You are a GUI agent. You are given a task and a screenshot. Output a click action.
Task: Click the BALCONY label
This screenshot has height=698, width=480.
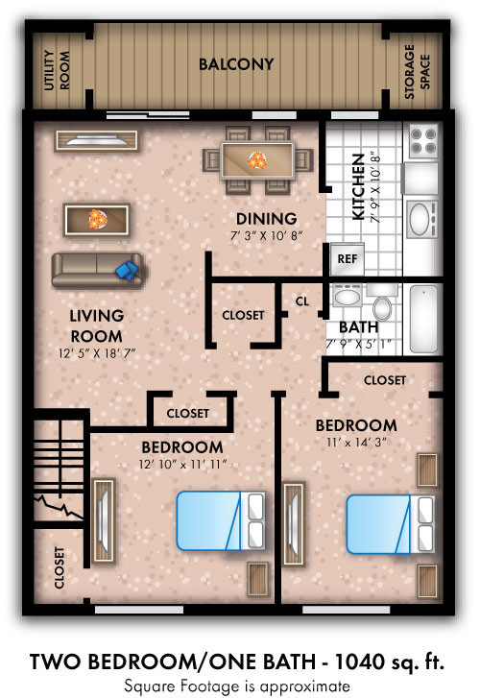[236, 64]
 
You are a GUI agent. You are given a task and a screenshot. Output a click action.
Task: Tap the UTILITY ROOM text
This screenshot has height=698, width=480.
[57, 70]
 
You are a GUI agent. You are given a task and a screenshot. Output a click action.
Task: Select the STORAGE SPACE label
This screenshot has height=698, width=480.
[418, 71]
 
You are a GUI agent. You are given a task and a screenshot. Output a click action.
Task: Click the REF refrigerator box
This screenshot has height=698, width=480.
[348, 258]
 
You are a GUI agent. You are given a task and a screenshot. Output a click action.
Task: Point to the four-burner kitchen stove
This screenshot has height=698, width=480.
[423, 140]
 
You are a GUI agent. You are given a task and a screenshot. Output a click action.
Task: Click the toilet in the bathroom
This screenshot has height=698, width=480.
[381, 303]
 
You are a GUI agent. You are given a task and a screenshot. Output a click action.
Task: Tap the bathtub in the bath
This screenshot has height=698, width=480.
[424, 319]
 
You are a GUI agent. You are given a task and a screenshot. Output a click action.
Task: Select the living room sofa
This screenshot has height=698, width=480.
[97, 270]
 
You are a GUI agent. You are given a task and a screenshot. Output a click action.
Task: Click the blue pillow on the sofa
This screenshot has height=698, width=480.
[128, 270]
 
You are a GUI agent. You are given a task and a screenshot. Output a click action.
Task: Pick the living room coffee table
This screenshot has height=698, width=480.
[97, 220]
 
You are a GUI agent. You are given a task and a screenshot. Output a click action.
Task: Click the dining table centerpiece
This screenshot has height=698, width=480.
[257, 160]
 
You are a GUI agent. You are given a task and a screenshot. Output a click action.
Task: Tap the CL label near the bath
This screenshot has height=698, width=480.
[301, 301]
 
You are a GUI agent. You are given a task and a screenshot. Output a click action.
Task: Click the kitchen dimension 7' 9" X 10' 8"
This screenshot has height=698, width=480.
[376, 189]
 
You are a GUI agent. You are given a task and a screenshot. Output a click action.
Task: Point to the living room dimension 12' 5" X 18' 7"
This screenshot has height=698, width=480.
[97, 354]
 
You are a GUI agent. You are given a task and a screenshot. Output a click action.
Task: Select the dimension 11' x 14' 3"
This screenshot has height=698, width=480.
[356, 443]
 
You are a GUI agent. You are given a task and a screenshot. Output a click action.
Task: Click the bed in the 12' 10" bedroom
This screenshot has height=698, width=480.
[222, 520]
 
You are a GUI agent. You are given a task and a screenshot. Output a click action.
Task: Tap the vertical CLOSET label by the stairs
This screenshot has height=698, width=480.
[60, 567]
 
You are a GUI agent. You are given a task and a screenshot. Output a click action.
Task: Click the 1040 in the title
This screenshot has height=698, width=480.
[360, 662]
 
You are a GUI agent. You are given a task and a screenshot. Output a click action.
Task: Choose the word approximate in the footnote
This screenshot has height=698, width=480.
[305, 686]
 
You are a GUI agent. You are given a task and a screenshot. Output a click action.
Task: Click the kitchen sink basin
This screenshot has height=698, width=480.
[419, 220]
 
